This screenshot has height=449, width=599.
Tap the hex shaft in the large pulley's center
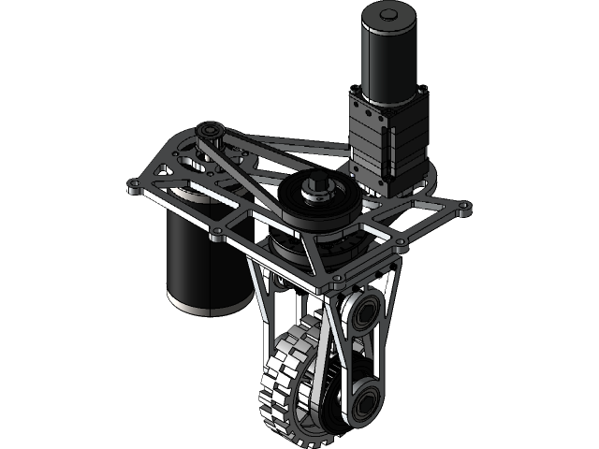[317, 187]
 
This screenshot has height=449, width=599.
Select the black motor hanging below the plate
[200, 257]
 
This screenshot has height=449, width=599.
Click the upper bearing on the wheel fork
[360, 312]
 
